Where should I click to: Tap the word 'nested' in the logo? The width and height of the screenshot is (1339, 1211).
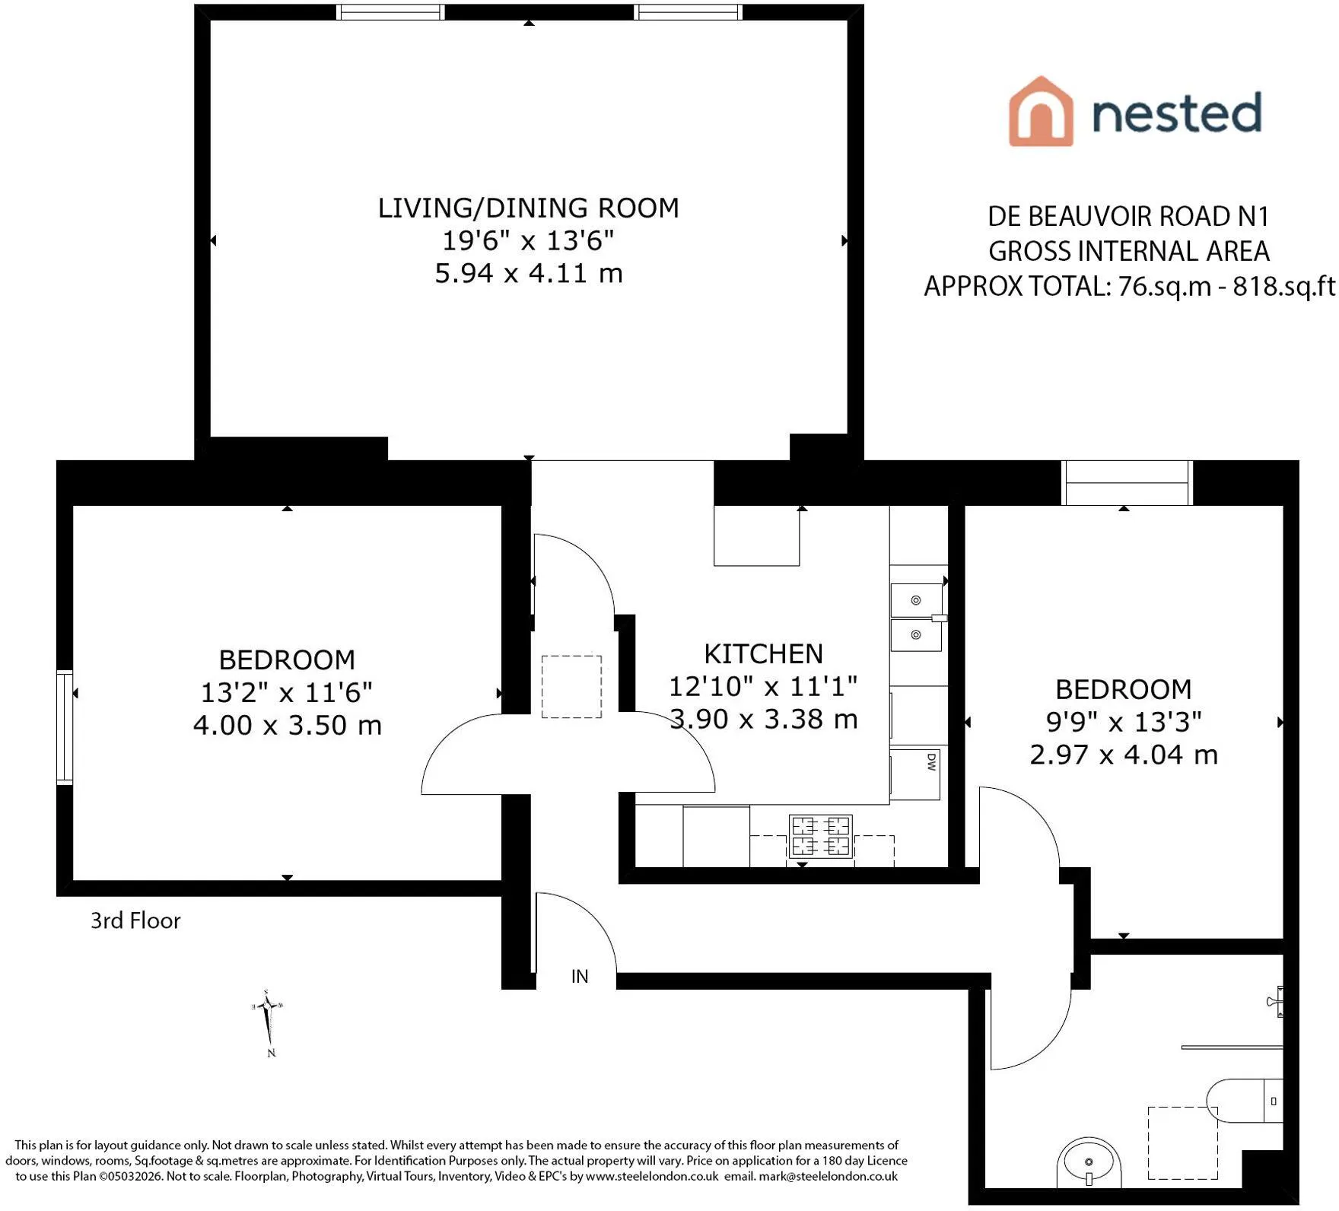point(1177,112)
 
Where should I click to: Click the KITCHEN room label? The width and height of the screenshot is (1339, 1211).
point(763,653)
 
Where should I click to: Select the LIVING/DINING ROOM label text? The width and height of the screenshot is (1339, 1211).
point(529,208)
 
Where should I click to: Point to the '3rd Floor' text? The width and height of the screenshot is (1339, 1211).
point(135,920)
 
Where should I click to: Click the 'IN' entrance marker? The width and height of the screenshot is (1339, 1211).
point(580,976)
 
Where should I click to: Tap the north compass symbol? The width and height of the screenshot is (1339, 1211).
point(268,1023)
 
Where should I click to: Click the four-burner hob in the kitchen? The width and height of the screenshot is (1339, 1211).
point(821,836)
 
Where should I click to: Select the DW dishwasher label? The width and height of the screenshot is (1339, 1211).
point(931,762)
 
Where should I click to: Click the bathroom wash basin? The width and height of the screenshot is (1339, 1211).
point(1089,1162)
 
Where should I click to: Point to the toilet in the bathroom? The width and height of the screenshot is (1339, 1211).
point(1245,1101)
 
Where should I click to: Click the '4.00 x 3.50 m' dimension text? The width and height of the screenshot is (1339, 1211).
point(287,725)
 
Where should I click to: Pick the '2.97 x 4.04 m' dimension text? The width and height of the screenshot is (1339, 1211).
point(1124,755)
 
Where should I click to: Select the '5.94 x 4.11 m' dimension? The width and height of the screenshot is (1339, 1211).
point(529,272)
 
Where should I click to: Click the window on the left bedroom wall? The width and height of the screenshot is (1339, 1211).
point(65,727)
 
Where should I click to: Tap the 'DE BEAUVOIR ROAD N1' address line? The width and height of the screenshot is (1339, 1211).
point(1128,217)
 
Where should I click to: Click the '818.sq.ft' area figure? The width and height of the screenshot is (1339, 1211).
point(1283,286)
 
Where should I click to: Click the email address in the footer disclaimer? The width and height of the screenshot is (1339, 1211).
point(828,1176)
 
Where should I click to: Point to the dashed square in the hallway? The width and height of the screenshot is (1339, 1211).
point(571,686)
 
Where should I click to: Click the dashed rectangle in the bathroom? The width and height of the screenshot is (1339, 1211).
point(1183,1143)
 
